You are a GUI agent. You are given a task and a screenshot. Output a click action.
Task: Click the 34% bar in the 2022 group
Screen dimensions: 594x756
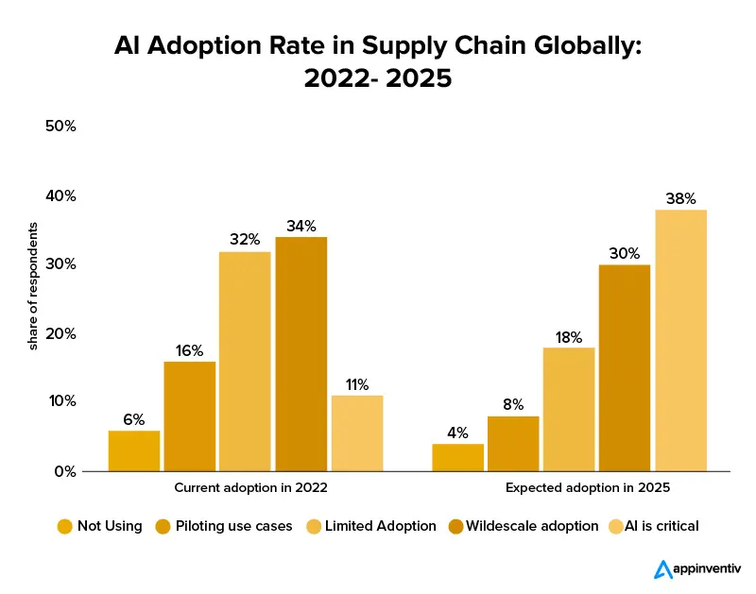[x=301, y=354]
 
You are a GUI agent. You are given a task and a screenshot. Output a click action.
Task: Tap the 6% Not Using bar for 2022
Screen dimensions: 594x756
[x=134, y=450]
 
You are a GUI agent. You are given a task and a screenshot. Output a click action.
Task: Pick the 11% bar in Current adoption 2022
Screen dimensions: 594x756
[x=357, y=433]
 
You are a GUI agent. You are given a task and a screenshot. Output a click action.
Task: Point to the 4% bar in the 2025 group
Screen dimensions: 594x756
[x=458, y=457]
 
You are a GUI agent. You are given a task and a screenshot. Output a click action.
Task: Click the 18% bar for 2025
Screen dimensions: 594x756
[x=569, y=409]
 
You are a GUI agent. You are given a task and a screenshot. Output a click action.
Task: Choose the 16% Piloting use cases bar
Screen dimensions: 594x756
[x=190, y=416]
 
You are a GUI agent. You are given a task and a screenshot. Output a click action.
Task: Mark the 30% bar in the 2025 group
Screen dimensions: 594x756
[x=625, y=367]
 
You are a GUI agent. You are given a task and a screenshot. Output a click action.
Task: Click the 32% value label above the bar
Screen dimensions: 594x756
[x=246, y=239]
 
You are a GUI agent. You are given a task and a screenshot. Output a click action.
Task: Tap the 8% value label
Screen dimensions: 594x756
[x=513, y=403]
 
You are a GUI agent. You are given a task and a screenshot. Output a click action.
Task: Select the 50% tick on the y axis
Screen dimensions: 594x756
[x=60, y=127]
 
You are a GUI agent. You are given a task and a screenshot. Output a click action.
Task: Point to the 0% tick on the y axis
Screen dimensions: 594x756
[x=64, y=470]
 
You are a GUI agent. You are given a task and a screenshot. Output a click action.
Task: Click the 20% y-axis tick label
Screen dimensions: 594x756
[x=60, y=333]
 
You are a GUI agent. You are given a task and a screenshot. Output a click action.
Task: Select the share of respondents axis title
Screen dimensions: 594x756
[x=32, y=286]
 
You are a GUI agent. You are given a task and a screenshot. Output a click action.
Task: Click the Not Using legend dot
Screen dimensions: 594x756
[x=65, y=526]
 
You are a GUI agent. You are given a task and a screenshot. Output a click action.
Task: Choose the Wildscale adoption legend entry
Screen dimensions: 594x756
[x=534, y=526]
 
